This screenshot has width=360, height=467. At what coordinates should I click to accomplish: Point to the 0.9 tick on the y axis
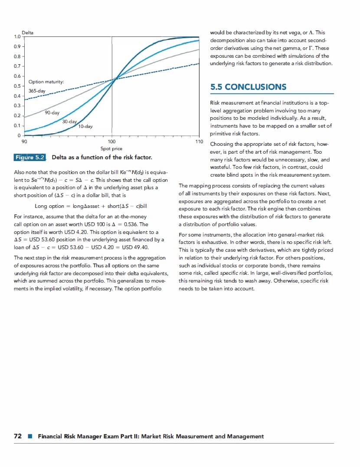tap(16, 46)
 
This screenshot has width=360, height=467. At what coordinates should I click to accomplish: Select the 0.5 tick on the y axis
tap(16, 86)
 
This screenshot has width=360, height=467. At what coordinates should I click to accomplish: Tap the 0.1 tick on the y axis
tap(16, 125)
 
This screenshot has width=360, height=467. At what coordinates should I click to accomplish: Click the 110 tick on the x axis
tap(199, 141)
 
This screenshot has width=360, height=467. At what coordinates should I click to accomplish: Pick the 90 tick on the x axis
tap(25, 141)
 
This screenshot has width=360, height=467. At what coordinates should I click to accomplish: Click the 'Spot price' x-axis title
tap(111, 148)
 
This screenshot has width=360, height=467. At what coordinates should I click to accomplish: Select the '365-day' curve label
tap(37, 91)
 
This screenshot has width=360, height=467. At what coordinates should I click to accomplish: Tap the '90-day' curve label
tap(52, 113)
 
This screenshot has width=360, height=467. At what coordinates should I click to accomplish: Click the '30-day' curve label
tap(69, 122)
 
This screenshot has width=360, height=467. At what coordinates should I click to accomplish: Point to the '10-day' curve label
tap(85, 126)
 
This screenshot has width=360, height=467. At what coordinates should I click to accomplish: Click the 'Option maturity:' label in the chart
tap(46, 82)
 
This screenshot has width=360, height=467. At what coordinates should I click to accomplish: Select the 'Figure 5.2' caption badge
tap(30, 157)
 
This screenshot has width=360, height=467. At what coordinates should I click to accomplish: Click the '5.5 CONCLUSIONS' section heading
tap(248, 87)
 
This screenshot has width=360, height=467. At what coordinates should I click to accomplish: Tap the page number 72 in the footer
tap(18, 436)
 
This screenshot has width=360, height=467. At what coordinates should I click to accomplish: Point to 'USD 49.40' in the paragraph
tap(135, 247)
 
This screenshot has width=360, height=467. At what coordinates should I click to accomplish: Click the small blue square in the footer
tap(29, 437)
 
